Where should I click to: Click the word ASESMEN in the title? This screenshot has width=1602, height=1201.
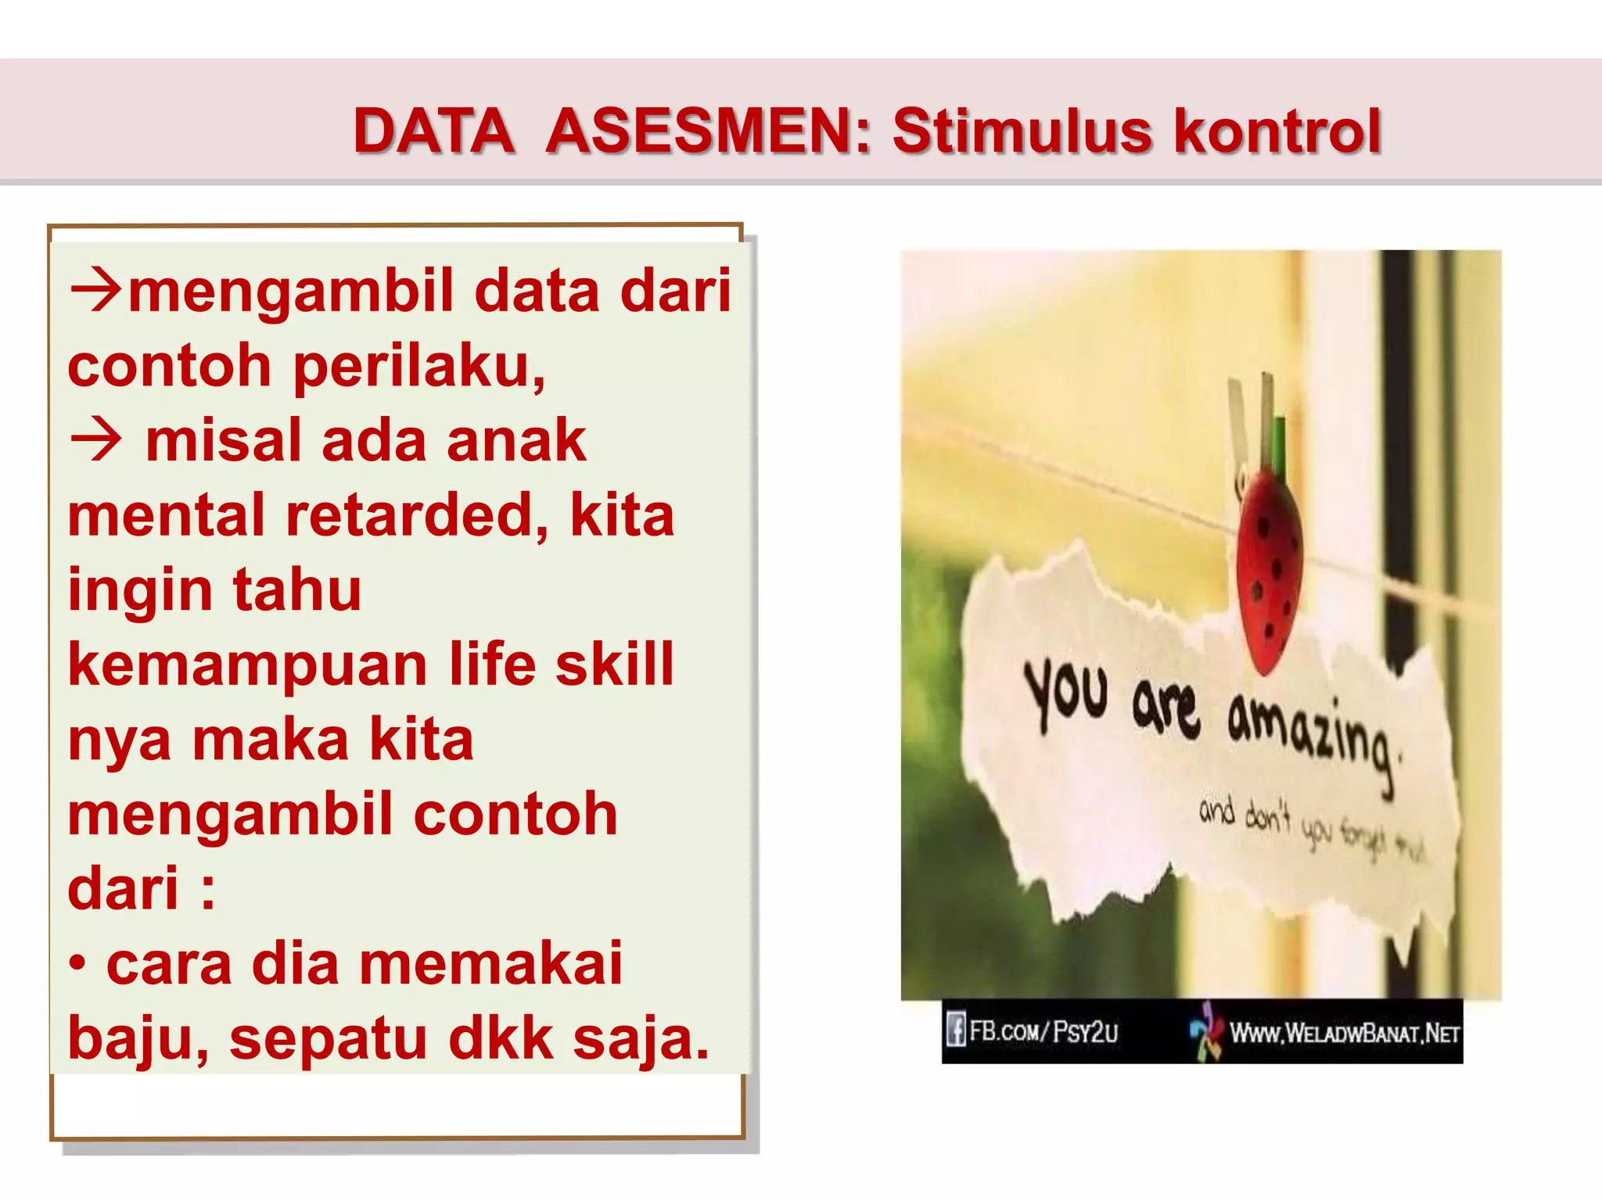click(x=707, y=131)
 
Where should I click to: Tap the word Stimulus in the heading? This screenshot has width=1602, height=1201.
click(x=1022, y=131)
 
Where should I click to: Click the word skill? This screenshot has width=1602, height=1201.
click(x=614, y=665)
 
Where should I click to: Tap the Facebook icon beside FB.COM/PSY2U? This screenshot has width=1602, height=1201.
click(x=955, y=1030)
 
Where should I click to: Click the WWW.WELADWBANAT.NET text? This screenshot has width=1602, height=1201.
click(x=1344, y=1034)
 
